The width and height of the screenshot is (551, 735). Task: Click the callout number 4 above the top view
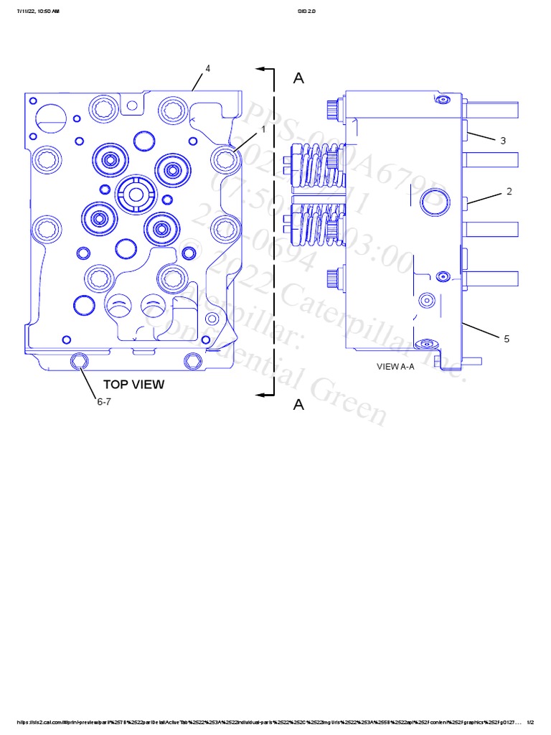207,68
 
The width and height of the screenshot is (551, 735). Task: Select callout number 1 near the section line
263,129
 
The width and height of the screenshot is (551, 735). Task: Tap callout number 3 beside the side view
503,141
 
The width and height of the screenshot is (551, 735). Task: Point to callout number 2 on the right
509,192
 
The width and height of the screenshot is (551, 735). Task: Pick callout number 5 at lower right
506,339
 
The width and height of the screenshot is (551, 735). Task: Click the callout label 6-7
105,402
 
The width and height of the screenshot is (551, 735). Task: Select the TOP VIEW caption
133,384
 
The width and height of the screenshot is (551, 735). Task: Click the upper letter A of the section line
298,78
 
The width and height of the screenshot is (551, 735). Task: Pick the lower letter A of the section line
298,405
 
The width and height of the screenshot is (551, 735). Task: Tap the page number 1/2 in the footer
530,722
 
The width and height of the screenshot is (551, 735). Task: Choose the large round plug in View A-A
433,203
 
